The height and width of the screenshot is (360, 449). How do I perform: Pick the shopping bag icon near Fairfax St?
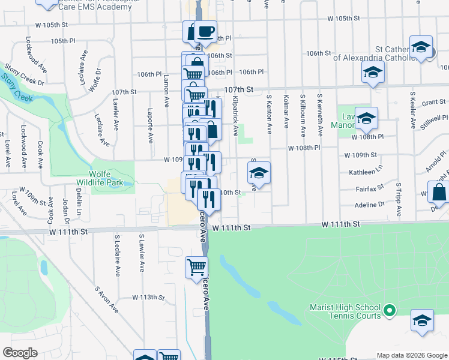coord(439,193)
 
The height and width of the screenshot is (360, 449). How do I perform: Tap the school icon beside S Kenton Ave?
coord(259,173)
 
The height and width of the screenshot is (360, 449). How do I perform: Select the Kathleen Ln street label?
coord(366,172)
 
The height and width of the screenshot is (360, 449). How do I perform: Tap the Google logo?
coord(20,353)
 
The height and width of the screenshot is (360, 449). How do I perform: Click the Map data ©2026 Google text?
coord(412,355)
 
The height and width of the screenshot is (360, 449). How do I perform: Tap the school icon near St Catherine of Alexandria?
coord(421,47)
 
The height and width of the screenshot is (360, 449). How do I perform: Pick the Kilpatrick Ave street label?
coord(236,114)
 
